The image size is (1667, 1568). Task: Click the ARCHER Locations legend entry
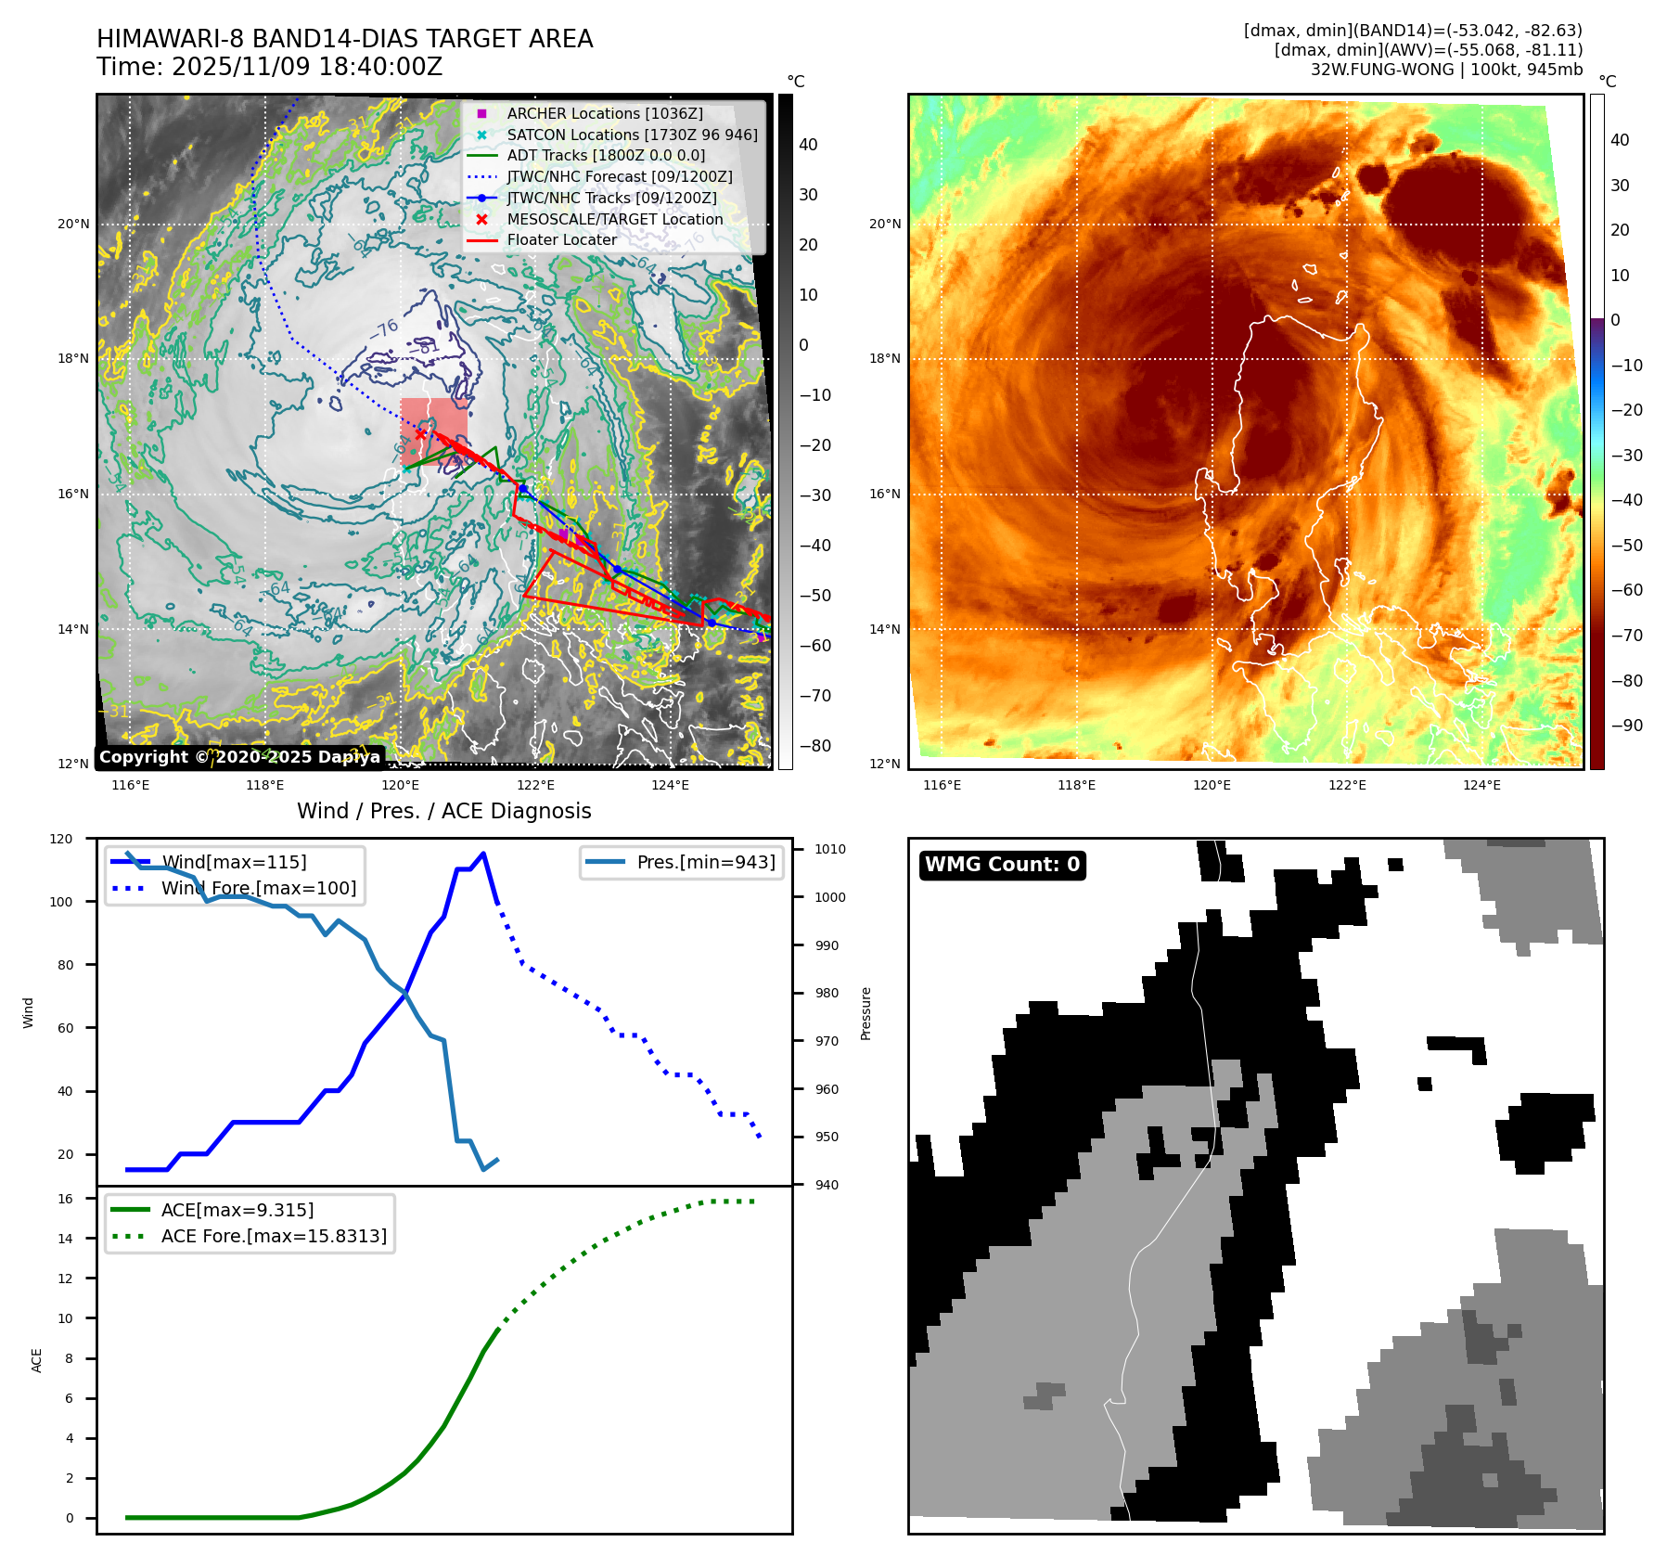click(604, 113)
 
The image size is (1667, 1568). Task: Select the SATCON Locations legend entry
click(631, 135)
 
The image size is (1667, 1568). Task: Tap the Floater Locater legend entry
click(561, 239)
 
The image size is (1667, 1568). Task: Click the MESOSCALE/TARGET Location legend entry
click(614, 219)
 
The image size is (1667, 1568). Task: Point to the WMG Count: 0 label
click(1002, 865)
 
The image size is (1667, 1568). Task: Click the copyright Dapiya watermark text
click(239, 757)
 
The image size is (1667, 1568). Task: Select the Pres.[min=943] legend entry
click(705, 862)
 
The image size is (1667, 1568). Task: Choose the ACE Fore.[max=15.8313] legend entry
click(273, 1236)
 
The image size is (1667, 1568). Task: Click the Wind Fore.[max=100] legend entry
click(258, 888)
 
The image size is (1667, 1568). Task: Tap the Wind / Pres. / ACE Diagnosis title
click(443, 811)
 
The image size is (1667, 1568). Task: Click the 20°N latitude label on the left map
click(73, 224)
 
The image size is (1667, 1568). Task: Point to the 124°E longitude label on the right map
click(1481, 785)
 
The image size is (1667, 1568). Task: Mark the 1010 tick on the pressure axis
click(829, 849)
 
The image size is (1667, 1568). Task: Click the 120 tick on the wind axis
click(61, 839)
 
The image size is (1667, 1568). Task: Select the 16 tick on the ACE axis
click(65, 1199)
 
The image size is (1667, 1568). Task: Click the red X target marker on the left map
click(420, 433)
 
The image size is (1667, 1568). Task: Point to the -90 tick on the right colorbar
click(1626, 726)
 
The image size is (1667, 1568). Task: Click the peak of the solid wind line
click(483, 854)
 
